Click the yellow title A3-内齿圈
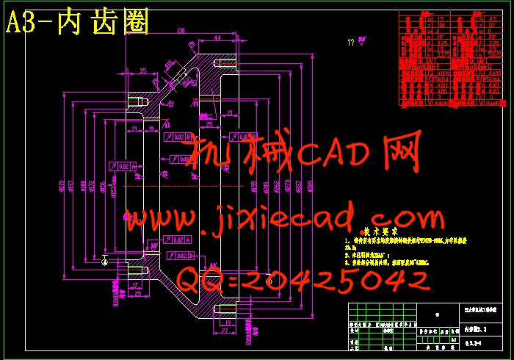(x=77, y=22)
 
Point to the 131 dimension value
(x=181, y=30)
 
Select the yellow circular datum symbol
(x=106, y=259)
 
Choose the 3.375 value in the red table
(x=443, y=54)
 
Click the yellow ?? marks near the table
(x=352, y=43)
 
